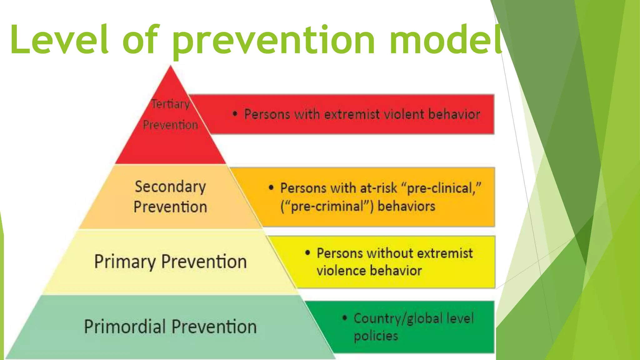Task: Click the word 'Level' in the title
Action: click(x=59, y=40)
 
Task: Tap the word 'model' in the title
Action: click(x=446, y=40)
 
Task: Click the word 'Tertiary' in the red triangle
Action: click(x=170, y=104)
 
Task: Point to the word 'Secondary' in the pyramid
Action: click(x=170, y=187)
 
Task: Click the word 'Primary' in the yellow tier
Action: click(x=125, y=262)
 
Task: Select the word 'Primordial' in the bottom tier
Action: click(x=125, y=327)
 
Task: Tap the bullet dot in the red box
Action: click(x=235, y=114)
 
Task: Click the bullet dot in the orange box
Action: click(x=271, y=187)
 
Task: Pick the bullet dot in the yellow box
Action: click(x=307, y=252)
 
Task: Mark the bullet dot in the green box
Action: click(x=345, y=318)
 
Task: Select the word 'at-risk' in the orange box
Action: click(x=378, y=188)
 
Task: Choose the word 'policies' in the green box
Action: click(x=376, y=336)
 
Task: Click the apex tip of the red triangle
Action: click(x=170, y=66)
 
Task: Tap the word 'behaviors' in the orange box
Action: click(x=406, y=206)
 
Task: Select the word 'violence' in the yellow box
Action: click(x=341, y=271)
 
